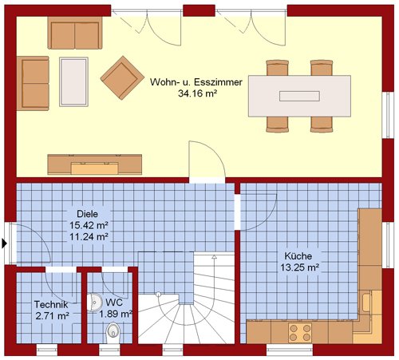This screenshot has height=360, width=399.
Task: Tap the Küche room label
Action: pyautogui.click(x=298, y=256)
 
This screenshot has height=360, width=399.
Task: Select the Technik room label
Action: pyautogui.click(x=51, y=304)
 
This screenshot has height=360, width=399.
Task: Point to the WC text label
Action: pyautogui.click(x=114, y=303)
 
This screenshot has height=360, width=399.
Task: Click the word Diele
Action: pyautogui.click(x=87, y=214)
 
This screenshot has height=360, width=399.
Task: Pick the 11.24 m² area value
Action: pyautogui.click(x=89, y=236)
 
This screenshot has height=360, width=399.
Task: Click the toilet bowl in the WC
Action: pyautogui.click(x=113, y=333)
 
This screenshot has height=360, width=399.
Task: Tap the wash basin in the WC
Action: pyautogui.click(x=94, y=302)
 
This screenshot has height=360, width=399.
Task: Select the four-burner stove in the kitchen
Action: pyautogui.click(x=300, y=332)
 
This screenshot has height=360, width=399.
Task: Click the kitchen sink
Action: pyautogui.click(x=367, y=303)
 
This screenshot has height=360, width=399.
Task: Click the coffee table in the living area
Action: pyautogui.click(x=73, y=82)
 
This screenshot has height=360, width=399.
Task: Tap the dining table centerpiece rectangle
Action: pyautogui.click(x=299, y=96)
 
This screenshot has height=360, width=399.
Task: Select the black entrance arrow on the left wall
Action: pyautogui.click(x=4, y=243)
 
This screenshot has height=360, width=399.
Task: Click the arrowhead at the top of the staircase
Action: pyautogui.click(x=214, y=257)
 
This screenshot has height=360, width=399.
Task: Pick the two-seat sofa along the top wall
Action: pyautogui.click(x=75, y=33)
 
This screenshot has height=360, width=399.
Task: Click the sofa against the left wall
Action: pyautogui.click(x=33, y=83)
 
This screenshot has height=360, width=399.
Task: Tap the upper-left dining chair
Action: pyautogui.click(x=278, y=68)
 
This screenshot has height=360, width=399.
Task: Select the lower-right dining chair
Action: pyautogui.click(x=322, y=125)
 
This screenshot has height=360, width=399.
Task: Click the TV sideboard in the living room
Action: pyautogui.click(x=95, y=164)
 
